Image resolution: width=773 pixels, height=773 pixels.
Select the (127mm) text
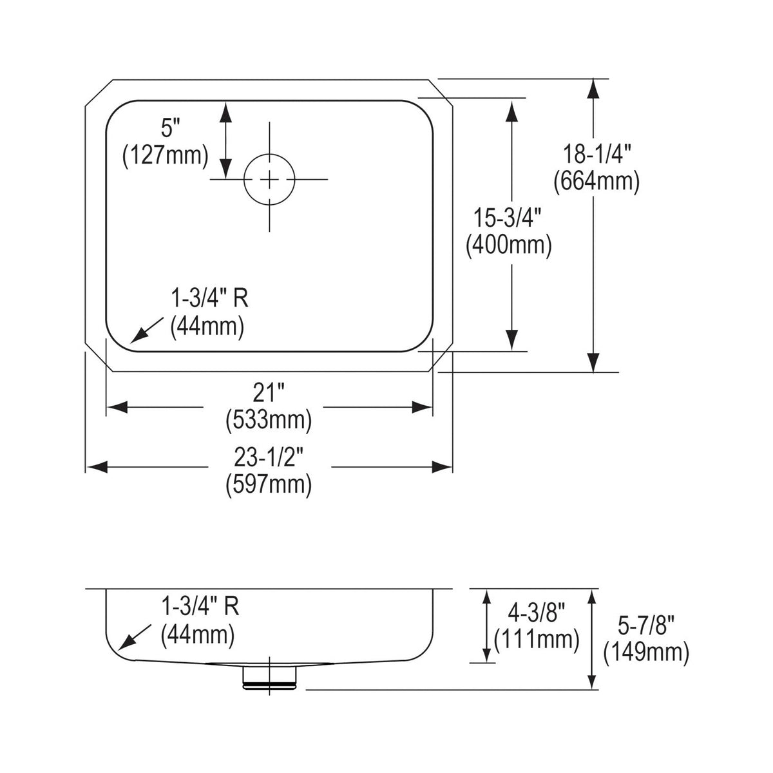[166, 156]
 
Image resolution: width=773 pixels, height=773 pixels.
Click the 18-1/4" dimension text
[597, 154]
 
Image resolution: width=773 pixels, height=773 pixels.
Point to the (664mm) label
[596, 182]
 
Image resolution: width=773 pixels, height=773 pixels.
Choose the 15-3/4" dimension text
[508, 218]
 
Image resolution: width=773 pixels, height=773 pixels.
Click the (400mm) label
[509, 245]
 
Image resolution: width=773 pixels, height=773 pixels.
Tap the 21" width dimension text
[269, 392]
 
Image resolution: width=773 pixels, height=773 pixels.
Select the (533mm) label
[269, 420]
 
